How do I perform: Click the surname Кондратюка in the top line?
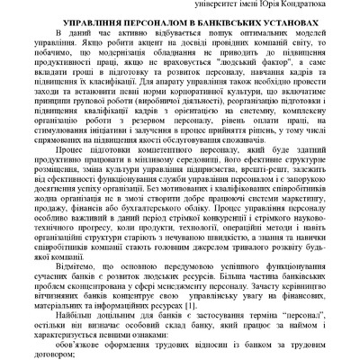321,5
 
